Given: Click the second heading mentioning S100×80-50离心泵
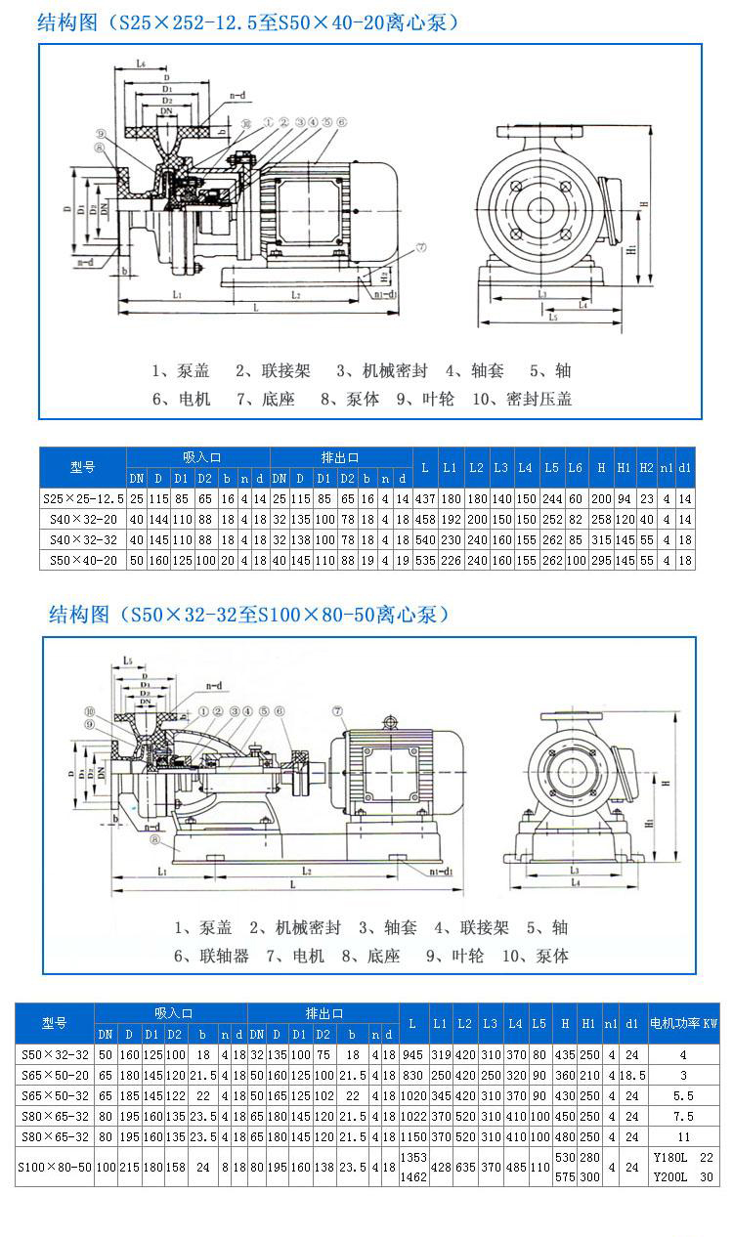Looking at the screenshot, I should coord(249,614).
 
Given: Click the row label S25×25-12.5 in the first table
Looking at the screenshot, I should coord(83,497).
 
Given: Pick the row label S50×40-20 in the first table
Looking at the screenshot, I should coord(83,560).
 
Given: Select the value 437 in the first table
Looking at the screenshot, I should coord(424,497).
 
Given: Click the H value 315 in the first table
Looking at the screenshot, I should coord(602,539).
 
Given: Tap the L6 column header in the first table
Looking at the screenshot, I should coord(577,468).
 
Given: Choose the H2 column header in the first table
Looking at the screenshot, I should coord(646,468).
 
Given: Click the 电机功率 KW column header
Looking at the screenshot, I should coord(683,1023).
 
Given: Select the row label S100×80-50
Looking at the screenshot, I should coord(55,1167).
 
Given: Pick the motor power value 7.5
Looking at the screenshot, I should coord(683,1116).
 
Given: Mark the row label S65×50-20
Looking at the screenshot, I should coord(55,1075).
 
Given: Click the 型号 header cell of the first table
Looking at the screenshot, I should coord(83,467).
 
